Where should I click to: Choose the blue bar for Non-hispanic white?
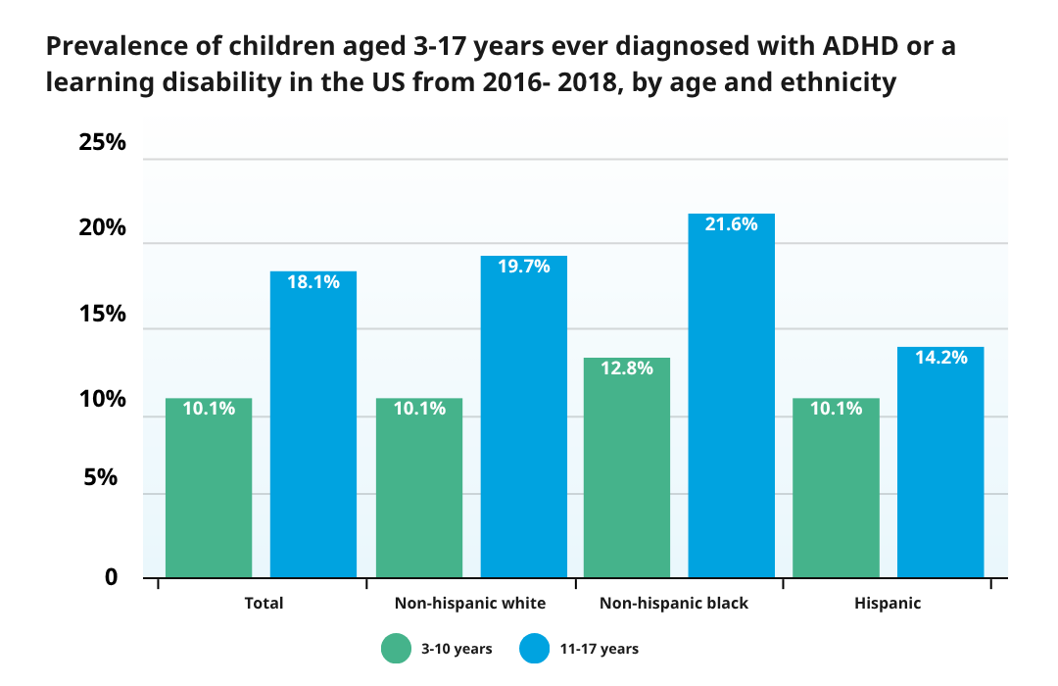point(523,416)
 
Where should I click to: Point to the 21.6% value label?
point(731,224)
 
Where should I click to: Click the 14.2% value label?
point(940,358)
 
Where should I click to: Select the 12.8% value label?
point(627,368)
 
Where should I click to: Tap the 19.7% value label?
point(523,267)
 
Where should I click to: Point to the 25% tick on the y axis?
point(102,142)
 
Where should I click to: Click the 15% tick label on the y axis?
point(102,315)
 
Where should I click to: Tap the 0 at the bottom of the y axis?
point(111,577)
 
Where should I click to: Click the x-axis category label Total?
point(264,603)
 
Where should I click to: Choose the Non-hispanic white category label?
point(469,603)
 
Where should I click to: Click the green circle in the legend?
point(397,649)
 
